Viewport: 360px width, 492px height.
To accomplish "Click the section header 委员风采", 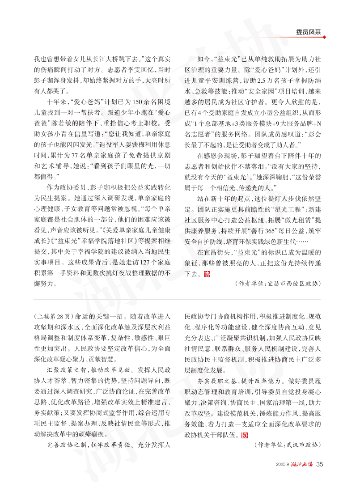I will pos(308,32).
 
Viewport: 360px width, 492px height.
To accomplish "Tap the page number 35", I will pos(320,464).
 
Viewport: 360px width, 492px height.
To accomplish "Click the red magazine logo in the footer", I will pos(302,464).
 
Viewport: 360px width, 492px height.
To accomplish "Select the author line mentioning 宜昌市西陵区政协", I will pos(278,284).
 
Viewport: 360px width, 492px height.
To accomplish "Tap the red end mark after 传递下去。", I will pos(207,273).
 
